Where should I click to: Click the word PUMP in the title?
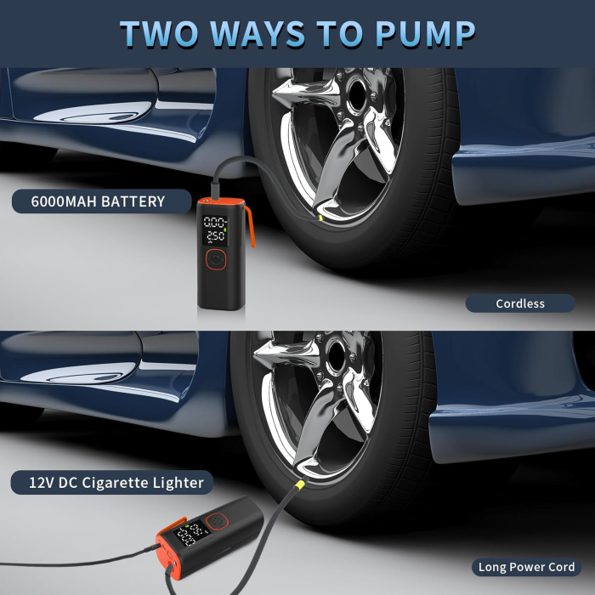click(425, 33)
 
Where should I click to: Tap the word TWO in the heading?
click(159, 33)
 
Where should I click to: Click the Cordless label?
click(520, 303)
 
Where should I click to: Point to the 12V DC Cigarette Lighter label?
click(112, 482)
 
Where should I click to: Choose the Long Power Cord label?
click(526, 567)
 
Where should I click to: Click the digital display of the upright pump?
click(216, 230)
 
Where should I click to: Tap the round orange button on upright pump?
click(216, 259)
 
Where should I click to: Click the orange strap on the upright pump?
click(250, 225)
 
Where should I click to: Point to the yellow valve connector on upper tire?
click(320, 218)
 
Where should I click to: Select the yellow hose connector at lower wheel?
click(300, 484)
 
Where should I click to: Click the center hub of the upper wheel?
click(357, 95)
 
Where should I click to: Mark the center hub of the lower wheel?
click(337, 357)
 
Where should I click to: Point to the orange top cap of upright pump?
click(220, 202)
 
